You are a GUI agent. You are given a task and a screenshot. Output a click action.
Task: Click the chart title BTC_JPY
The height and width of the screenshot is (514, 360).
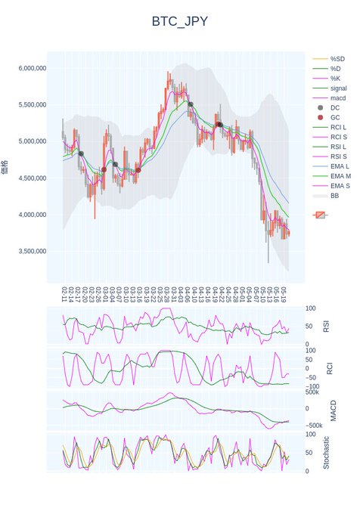pos(179,22)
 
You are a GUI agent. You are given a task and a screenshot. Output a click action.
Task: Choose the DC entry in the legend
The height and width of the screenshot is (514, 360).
pos(336,108)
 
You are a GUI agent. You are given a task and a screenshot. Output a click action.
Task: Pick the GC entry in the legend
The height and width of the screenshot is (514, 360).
pos(336,118)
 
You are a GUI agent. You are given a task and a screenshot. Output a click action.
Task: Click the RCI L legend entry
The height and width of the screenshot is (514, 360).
pos(338,128)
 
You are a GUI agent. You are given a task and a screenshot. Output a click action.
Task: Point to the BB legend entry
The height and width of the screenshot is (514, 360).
pos(334,196)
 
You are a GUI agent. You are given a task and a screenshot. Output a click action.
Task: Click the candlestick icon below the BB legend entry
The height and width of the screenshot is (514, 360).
pos(321,215)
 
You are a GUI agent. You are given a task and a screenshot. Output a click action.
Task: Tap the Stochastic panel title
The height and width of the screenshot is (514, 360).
pos(327,453)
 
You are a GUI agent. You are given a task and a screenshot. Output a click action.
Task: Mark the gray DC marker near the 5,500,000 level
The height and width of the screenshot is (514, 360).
pos(191,104)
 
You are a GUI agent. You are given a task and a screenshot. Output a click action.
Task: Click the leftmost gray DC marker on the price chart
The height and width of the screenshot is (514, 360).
pos(81,153)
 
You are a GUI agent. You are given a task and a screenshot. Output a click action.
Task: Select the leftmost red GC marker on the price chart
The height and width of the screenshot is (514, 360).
pos(104,169)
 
